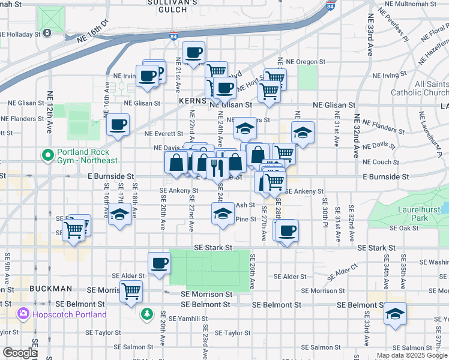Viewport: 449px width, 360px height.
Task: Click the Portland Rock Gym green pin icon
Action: (48, 155)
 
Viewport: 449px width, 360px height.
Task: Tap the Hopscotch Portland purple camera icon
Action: (23, 314)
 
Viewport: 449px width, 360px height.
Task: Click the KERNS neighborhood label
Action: (192, 103)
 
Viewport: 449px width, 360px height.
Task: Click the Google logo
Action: (20, 353)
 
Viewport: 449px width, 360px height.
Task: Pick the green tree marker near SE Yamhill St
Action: (147, 314)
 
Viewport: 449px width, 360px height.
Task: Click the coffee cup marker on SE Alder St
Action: (160, 263)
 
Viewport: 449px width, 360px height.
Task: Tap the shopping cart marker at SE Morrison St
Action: (131, 292)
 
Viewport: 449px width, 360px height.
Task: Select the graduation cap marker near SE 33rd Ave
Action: (394, 314)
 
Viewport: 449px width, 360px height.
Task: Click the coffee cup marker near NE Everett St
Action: (118, 125)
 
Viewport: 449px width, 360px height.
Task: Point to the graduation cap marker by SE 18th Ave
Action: (120, 214)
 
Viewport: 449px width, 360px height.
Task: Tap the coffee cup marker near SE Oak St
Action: (288, 230)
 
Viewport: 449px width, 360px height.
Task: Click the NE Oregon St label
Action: (305, 62)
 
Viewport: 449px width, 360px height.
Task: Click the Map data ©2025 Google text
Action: (412, 355)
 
